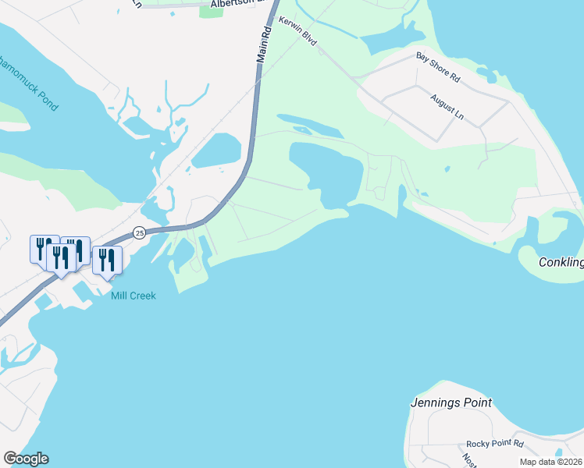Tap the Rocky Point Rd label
[x=495, y=443]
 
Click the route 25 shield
[x=139, y=232]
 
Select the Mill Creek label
[x=133, y=296]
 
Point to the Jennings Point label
[x=451, y=403]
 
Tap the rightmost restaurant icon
[x=107, y=260]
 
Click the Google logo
[x=25, y=459]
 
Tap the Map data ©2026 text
[x=550, y=462]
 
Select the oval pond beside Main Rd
[x=218, y=150]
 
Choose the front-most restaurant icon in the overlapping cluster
[x=59, y=257]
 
